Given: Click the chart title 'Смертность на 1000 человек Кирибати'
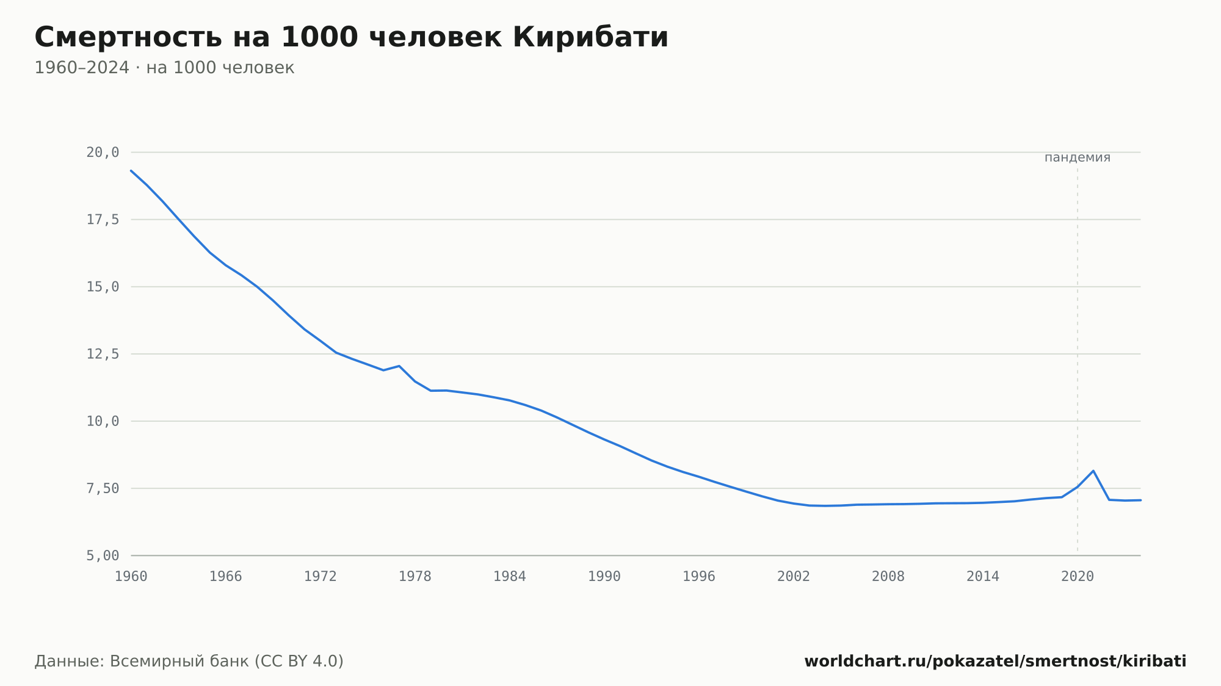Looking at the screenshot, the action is coord(351,37).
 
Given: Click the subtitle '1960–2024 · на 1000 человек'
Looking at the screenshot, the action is coord(164,68).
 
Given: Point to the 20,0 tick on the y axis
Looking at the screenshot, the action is coord(103,153).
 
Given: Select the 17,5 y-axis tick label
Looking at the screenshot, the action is coord(103,220).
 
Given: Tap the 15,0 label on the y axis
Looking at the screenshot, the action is coord(103,287).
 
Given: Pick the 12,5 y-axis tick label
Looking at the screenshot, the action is coord(103,354).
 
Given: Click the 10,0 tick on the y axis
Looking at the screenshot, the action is coord(103,421).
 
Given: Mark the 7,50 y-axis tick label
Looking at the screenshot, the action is coord(103,488).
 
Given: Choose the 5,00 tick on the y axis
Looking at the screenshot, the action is coord(103,555).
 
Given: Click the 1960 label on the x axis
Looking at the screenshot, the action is coord(131,577).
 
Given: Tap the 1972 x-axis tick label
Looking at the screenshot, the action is coord(321,577).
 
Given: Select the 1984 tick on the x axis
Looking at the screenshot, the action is coord(510,577).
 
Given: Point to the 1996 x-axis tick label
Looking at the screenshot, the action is coord(699,577).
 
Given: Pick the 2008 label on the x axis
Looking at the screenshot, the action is coord(888,577).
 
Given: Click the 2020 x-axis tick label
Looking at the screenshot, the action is coord(1078,577).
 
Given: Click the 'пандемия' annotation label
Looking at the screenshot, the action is coord(1078,157).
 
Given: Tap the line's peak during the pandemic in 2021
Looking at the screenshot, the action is coord(1093,471).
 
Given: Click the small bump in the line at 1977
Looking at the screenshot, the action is coord(399,366).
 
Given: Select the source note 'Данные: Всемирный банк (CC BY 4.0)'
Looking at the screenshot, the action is coord(189,661).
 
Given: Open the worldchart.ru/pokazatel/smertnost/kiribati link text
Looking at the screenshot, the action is coord(995,661).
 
